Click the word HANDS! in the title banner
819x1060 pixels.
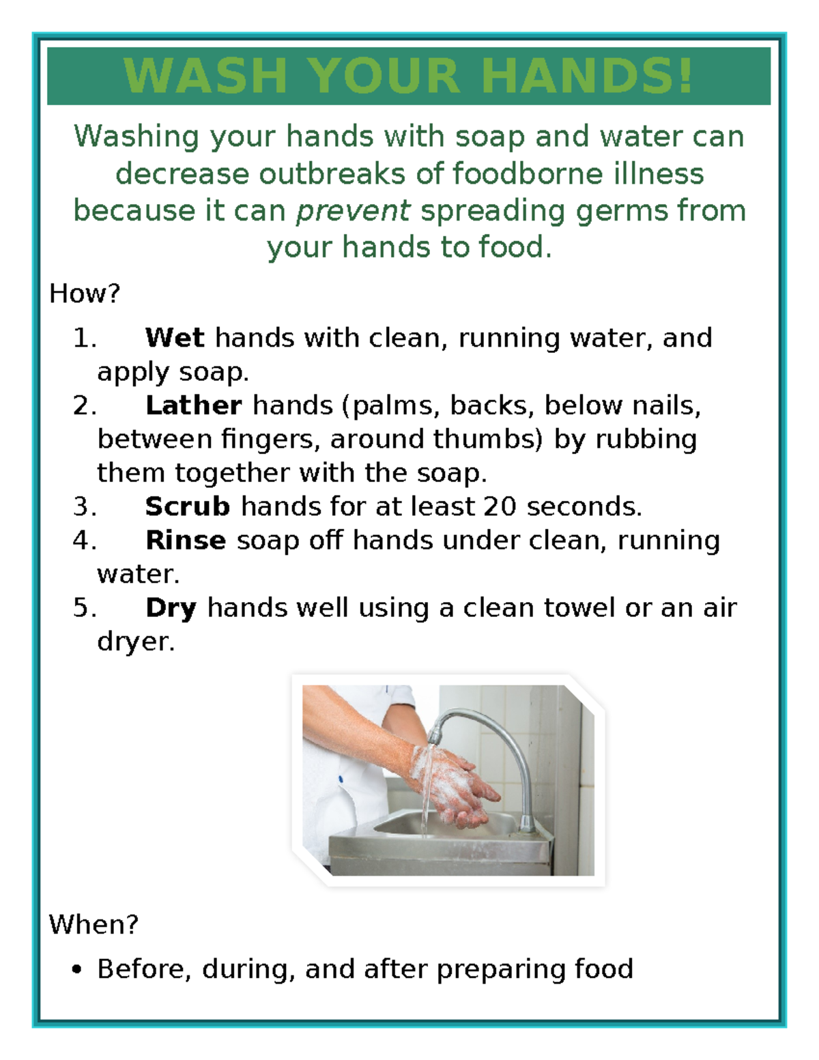pos(587,76)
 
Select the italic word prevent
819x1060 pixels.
pos(353,211)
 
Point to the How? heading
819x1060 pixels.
pos(85,293)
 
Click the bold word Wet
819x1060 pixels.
pos(174,338)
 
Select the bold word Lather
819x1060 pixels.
pos(193,405)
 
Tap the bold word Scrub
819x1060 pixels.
pos(188,506)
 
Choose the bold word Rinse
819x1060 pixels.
pos(185,540)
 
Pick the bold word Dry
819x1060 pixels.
pos(171,607)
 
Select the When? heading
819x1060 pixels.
pos(94,925)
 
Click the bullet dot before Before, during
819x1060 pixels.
pos(76,969)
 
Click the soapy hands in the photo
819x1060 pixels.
pos(450,785)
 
